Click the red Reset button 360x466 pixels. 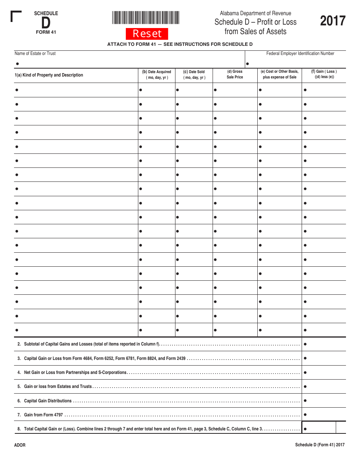(147, 34)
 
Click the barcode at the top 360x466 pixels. (146, 18)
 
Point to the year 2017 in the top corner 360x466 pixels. (333, 21)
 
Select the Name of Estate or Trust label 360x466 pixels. (35, 53)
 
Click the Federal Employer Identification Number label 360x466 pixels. (300, 53)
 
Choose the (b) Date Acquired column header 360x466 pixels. (157, 75)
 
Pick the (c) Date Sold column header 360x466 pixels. (194, 75)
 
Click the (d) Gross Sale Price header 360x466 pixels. (235, 74)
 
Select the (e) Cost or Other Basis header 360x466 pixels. (280, 74)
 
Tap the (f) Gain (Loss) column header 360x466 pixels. (324, 74)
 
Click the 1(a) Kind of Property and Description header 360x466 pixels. (49, 75)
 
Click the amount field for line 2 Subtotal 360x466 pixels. (324, 344)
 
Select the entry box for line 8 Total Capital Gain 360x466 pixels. (319, 429)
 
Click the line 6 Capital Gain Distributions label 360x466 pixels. (48, 401)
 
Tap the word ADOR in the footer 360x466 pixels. (20, 445)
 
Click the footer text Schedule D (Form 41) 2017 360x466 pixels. (320, 445)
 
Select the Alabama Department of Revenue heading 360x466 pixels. (255, 13)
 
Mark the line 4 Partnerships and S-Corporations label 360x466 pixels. (75, 372)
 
